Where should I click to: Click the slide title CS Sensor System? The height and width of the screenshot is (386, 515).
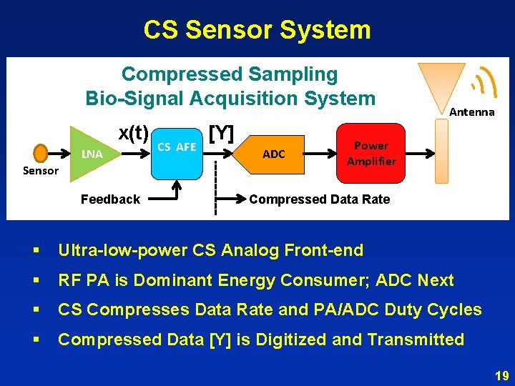tap(257, 30)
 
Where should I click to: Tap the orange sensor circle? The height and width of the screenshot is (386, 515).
tap(41, 153)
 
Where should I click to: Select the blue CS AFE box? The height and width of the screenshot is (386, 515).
tap(177, 147)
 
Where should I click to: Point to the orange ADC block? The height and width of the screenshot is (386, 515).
tap(273, 154)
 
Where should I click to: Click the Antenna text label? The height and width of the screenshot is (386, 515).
tap(471, 112)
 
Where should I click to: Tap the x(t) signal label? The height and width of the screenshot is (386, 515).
tap(134, 133)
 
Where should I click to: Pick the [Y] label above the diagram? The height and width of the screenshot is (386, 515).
tap(221, 132)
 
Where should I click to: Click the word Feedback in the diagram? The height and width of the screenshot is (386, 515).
tap(110, 199)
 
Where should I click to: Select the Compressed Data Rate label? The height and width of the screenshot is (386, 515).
tap(319, 199)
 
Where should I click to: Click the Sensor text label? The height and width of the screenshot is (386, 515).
tap(41, 170)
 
